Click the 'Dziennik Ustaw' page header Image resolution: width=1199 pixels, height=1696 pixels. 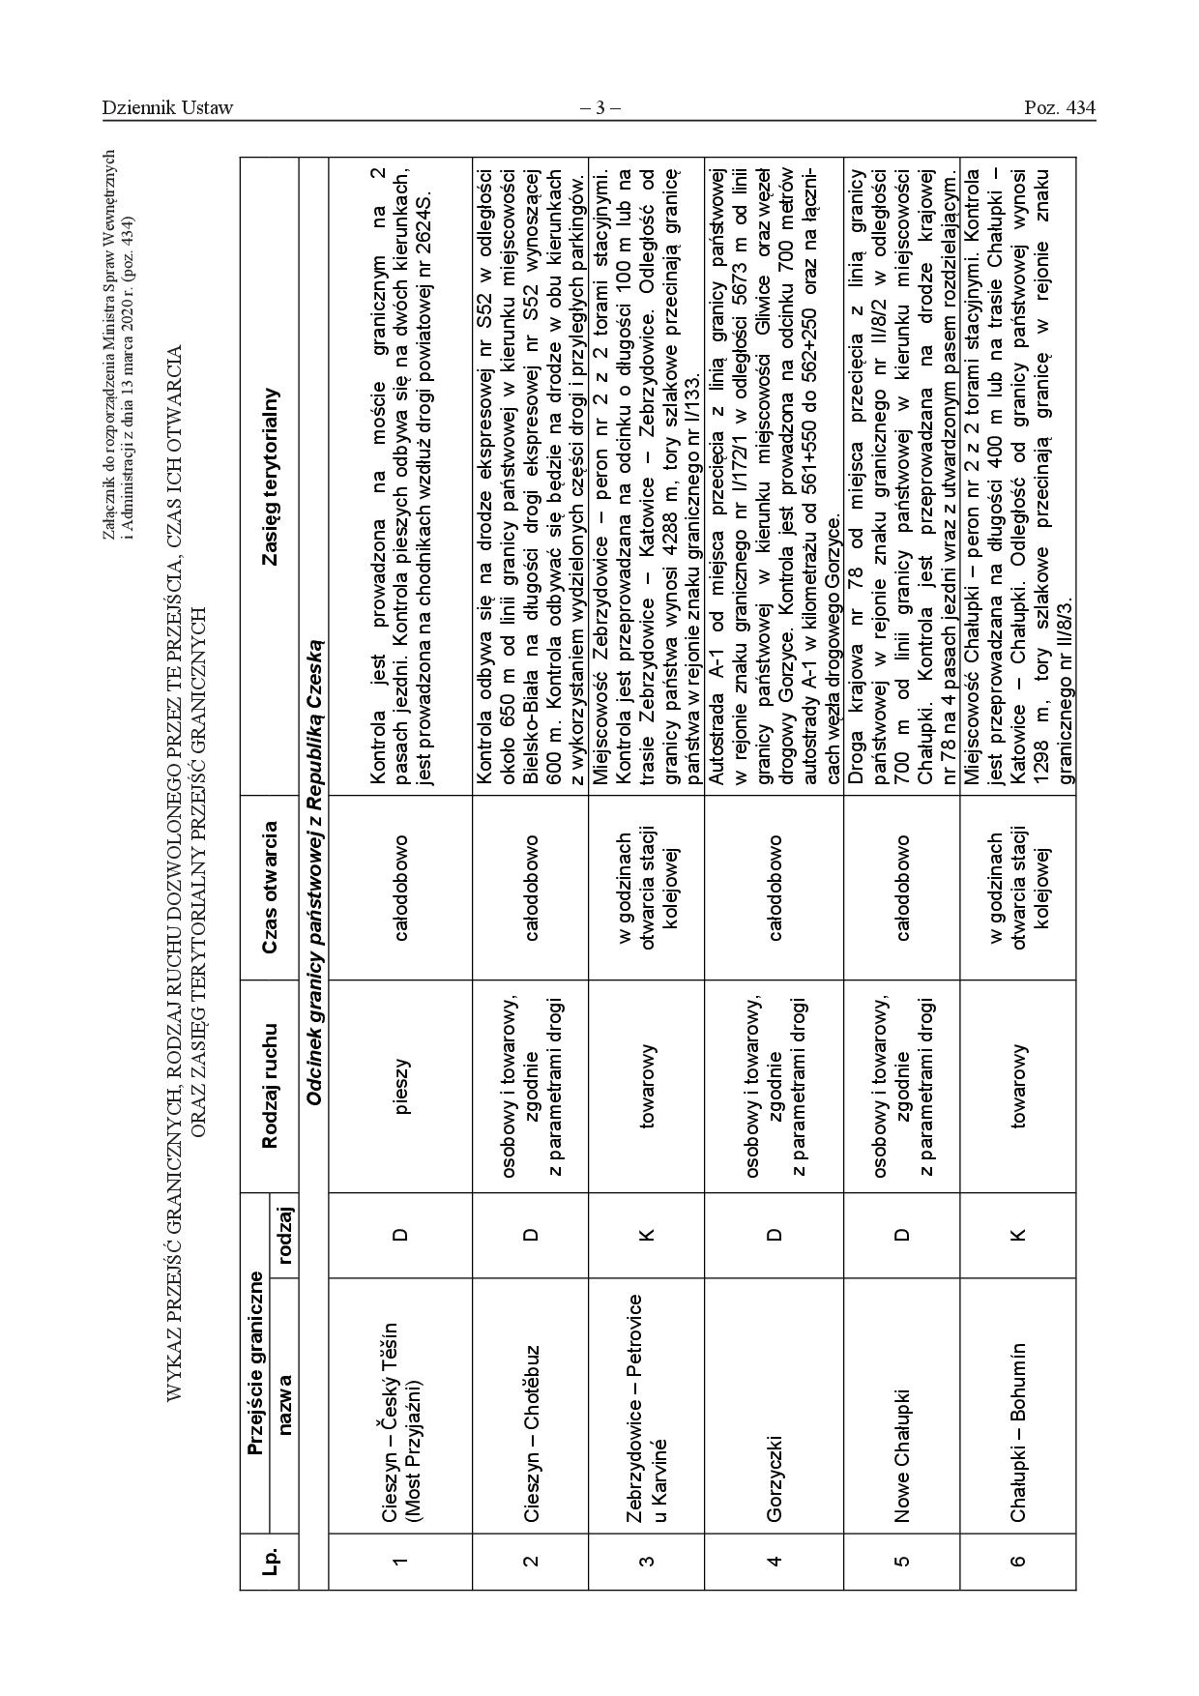tap(167, 107)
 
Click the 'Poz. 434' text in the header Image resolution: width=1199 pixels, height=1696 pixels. tap(1060, 107)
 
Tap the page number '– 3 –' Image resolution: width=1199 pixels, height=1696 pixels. tap(599, 107)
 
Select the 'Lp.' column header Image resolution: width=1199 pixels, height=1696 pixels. tap(270, 1529)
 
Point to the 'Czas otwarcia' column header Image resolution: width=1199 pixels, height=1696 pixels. tap(270, 888)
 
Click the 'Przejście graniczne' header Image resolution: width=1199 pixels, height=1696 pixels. tap(254, 1354)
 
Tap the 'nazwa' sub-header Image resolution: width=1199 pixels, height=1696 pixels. tap(284, 1384)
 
